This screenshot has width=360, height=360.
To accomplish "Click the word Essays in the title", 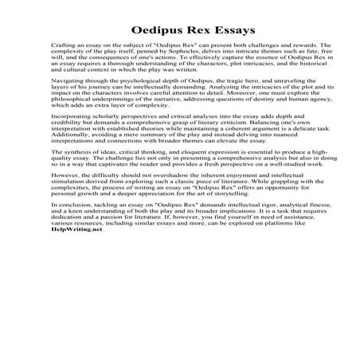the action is click(x=209, y=33).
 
